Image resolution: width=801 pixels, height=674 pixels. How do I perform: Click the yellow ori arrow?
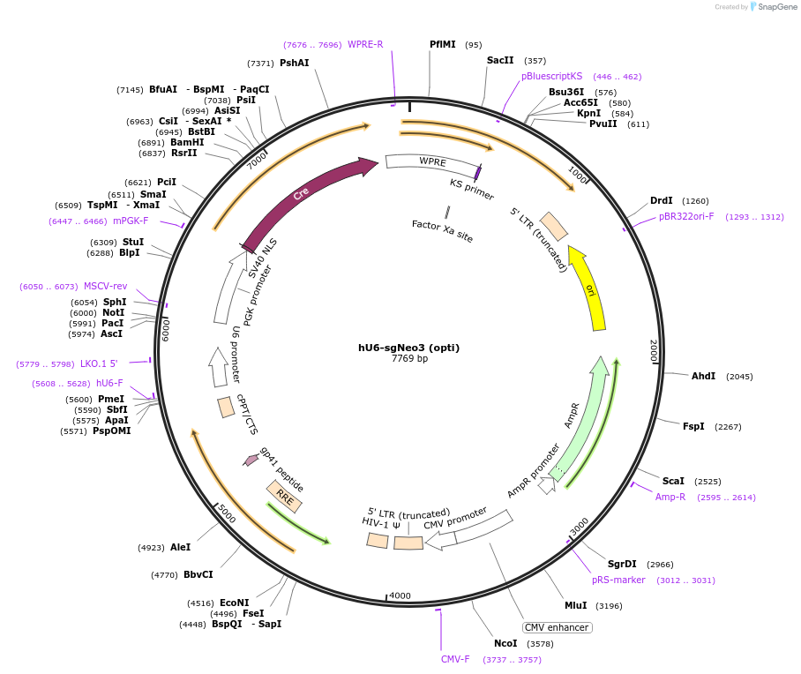pos(589,288)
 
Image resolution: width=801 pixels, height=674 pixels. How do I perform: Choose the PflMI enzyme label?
pos(443,44)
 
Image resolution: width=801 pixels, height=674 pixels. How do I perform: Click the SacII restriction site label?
pos(500,60)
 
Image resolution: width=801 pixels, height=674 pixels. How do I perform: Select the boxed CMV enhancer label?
pos(557,627)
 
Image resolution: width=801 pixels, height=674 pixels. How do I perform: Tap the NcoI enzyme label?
pos(505,643)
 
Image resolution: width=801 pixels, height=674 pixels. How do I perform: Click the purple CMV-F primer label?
pos(455,659)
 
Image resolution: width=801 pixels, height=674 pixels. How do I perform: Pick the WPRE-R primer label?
pos(365,44)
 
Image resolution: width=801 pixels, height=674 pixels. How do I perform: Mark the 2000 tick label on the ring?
pos(654,351)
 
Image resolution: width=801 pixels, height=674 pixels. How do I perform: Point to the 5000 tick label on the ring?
pos(228,513)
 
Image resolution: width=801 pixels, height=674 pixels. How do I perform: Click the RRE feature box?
pos(285,498)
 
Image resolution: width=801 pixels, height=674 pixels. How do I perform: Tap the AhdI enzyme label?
pos(703,376)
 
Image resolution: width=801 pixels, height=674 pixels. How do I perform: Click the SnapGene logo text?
pos(775,7)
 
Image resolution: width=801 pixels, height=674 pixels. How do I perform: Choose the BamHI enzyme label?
pos(187,142)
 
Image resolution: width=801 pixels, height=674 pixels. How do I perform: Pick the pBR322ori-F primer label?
pos(686,216)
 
